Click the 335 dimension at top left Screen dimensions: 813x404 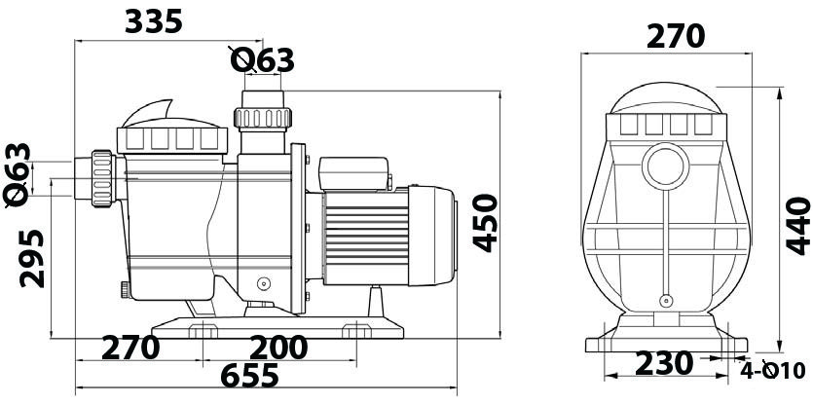click(x=154, y=21)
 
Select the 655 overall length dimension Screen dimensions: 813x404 click(x=249, y=376)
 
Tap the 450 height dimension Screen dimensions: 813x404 click(x=486, y=223)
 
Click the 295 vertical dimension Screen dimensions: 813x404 click(x=32, y=258)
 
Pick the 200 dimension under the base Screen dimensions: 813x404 click(x=278, y=348)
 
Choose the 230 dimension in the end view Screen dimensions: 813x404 click(x=664, y=363)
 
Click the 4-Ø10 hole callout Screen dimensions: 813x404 click(x=772, y=371)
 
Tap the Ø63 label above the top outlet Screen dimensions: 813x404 click(x=262, y=60)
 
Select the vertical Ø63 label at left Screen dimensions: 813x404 click(x=18, y=175)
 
